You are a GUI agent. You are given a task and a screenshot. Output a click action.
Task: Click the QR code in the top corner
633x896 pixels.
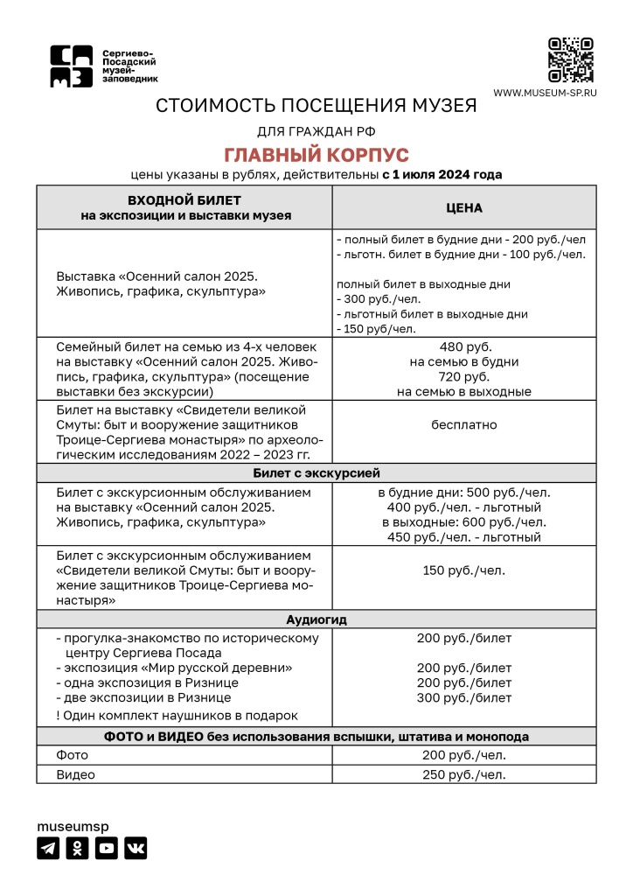[570, 59]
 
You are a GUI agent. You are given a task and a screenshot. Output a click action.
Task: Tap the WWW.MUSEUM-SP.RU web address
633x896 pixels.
[545, 93]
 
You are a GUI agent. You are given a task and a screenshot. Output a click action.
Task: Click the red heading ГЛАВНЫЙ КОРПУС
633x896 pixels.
[316, 155]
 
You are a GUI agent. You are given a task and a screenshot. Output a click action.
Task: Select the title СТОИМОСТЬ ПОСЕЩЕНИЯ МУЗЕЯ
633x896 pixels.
[316, 106]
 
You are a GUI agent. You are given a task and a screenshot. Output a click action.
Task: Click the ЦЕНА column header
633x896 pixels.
[464, 207]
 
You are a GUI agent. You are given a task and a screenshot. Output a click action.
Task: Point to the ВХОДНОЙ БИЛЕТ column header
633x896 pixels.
[184, 207]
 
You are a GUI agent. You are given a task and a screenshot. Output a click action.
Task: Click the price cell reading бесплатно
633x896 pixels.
[464, 424]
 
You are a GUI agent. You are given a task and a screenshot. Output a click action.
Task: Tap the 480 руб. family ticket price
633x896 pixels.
[464, 346]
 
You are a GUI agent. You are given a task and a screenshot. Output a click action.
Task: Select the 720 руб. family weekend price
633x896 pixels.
[464, 376]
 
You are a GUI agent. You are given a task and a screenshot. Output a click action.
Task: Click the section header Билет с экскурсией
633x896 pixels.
[316, 472]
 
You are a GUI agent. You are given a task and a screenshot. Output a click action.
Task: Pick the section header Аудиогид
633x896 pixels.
[316, 619]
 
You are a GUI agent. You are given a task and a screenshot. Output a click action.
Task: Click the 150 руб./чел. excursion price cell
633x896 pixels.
[464, 570]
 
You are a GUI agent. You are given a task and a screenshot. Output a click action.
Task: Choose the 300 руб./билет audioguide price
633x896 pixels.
[464, 697]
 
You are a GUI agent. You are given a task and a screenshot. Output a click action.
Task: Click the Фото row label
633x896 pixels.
[73, 755]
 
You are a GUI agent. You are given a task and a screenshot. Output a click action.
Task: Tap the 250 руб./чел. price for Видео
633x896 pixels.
[464, 774]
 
